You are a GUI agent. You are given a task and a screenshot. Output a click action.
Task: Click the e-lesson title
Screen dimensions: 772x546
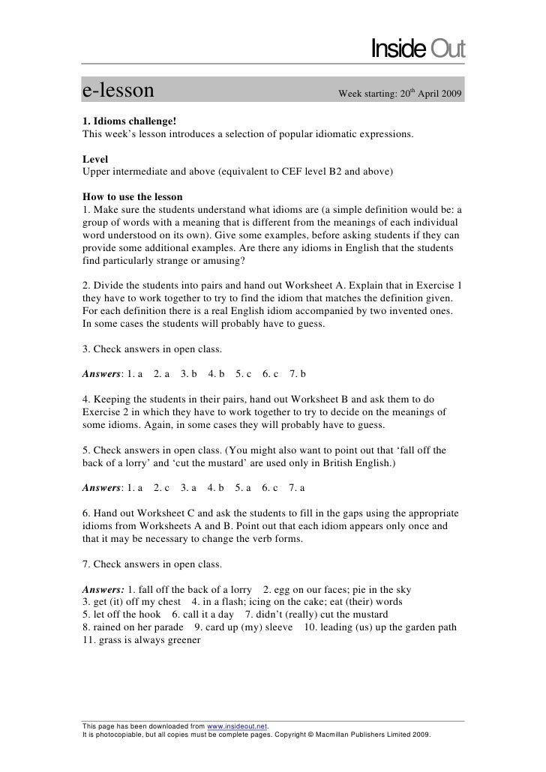click(118, 93)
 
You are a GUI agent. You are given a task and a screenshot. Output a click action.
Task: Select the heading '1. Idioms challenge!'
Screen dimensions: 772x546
click(129, 121)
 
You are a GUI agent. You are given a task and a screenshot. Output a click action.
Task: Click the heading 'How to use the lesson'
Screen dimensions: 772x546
click(133, 196)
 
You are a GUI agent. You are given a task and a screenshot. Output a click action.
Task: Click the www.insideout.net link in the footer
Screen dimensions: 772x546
click(237, 726)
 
